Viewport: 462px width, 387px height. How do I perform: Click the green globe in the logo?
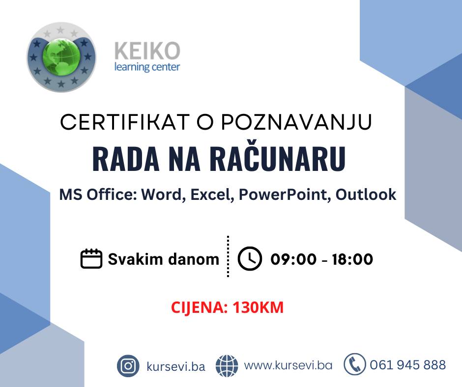61,56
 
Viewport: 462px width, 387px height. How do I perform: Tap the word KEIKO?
147,51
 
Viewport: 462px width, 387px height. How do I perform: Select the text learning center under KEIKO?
147,67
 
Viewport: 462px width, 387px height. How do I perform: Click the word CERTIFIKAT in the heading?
125,122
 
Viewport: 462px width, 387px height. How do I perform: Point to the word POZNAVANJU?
296,122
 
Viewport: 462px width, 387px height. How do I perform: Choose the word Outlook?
366,194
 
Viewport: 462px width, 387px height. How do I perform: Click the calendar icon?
91,259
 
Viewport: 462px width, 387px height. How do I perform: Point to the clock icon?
250,259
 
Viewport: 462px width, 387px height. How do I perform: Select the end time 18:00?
352,259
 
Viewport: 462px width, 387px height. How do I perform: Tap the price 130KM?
258,307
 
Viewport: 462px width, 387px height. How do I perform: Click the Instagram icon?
128,366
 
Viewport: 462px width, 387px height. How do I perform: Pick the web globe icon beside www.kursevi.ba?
227,366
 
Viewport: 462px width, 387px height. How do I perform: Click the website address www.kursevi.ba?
288,365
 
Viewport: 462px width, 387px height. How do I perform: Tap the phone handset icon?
355,364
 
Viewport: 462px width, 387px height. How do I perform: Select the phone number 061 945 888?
408,365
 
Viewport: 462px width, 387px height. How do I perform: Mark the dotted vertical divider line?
228,256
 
